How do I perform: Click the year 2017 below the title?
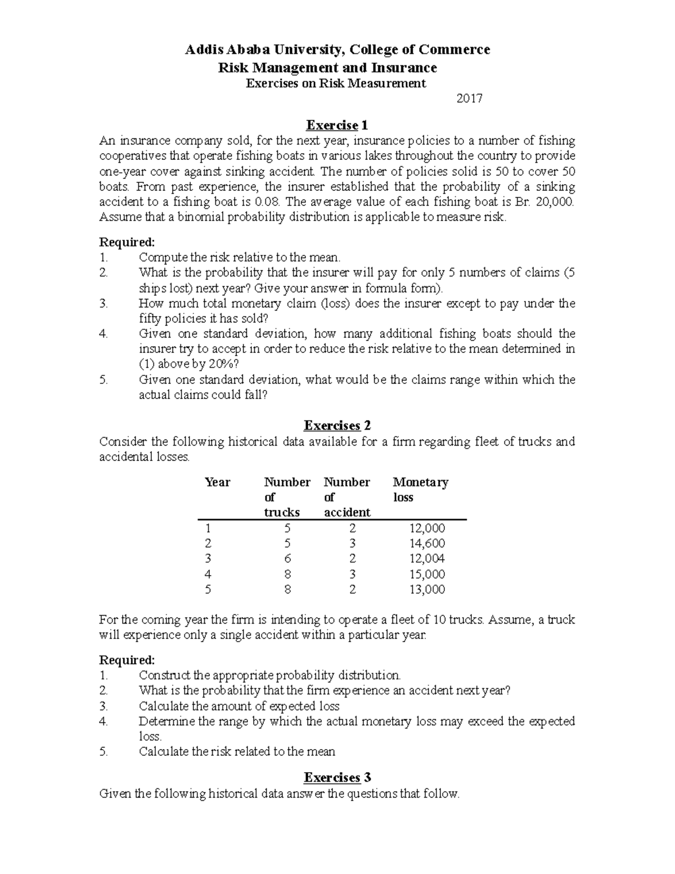coord(469,99)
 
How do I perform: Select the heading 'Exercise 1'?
coord(336,125)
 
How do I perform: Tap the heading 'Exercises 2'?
coord(337,425)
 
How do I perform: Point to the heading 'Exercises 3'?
coord(337,778)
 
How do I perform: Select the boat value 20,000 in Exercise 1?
coord(555,202)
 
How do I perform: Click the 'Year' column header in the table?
coord(218,482)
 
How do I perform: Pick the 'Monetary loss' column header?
coord(420,490)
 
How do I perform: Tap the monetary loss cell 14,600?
coord(427,544)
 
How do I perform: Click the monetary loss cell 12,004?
coord(427,559)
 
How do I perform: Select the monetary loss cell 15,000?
coord(427,575)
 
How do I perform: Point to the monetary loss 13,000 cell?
coord(427,590)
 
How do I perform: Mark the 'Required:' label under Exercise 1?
coord(127,243)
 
